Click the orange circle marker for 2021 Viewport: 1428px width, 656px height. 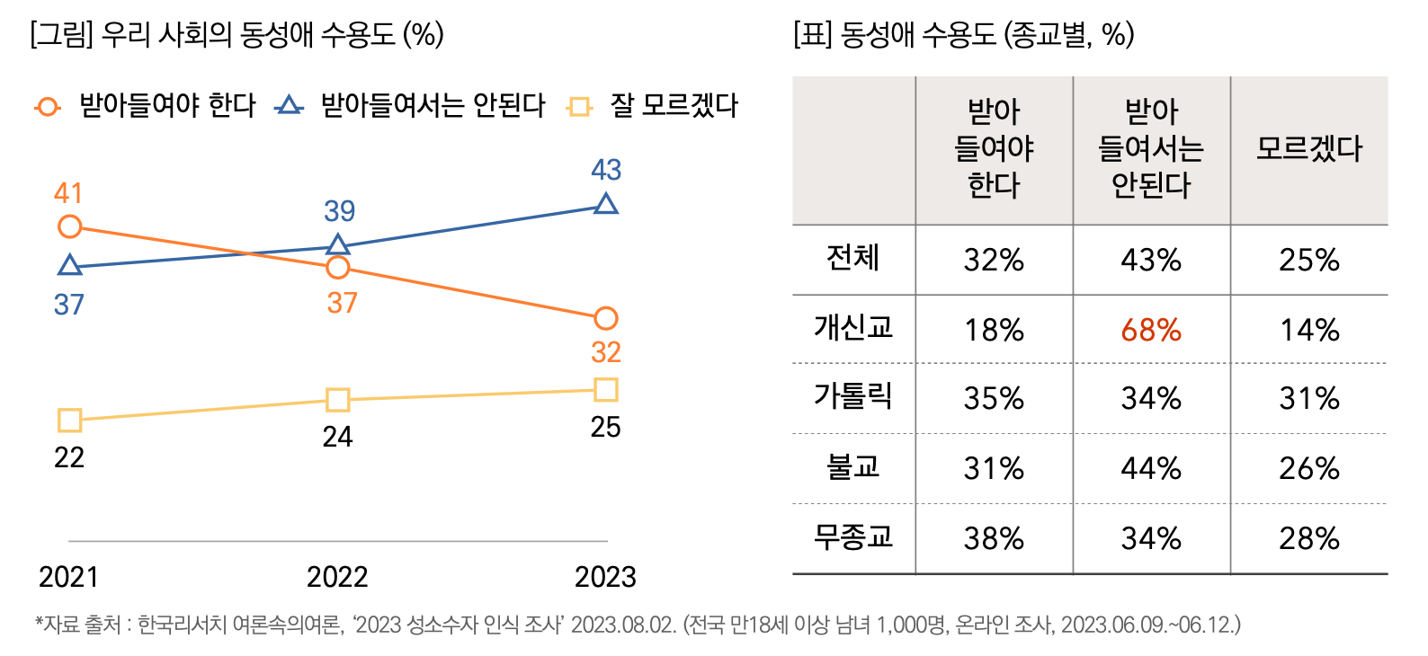pyautogui.click(x=69, y=226)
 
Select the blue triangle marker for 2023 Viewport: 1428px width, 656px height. pyautogui.click(x=606, y=204)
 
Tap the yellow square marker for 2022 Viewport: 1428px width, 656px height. pyautogui.click(x=337, y=399)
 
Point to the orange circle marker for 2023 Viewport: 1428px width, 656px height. pyautogui.click(x=606, y=318)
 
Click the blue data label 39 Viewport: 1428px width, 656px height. pyautogui.click(x=339, y=211)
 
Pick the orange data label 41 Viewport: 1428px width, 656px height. pyautogui.click(x=68, y=193)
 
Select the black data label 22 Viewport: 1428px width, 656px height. pyautogui.click(x=69, y=457)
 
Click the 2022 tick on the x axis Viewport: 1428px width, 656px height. pyautogui.click(x=337, y=577)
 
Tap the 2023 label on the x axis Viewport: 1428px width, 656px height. pyautogui.click(x=605, y=577)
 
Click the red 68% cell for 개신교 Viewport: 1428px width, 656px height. pyautogui.click(x=1151, y=330)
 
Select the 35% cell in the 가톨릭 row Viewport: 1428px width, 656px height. pyautogui.click(x=994, y=398)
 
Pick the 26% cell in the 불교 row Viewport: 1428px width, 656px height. pyautogui.click(x=1309, y=468)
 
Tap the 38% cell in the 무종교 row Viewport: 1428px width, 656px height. pyautogui.click(x=994, y=538)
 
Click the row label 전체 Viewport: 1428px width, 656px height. pyautogui.click(x=852, y=258)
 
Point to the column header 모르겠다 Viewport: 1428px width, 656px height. pyautogui.click(x=1309, y=148)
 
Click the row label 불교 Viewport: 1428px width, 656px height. pyautogui.click(x=852, y=466)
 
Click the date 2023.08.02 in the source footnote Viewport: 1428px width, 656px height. pyautogui.click(x=623, y=625)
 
